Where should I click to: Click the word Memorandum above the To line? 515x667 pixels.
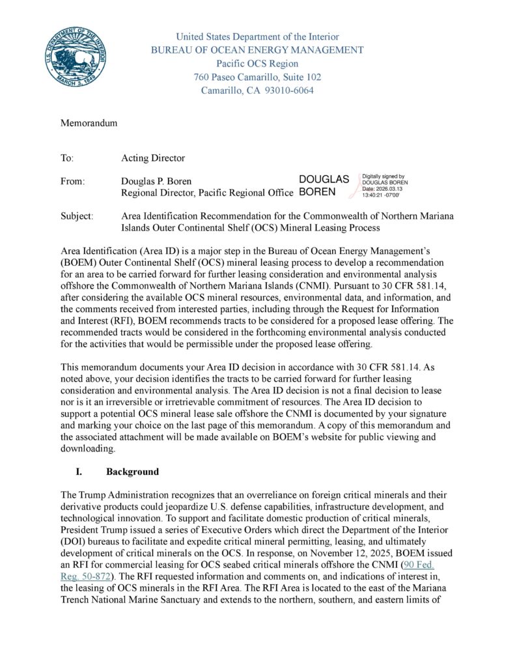click(89, 123)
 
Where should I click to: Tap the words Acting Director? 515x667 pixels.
click(153, 158)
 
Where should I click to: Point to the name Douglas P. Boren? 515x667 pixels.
click(157, 180)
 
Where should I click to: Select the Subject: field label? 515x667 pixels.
click(77, 216)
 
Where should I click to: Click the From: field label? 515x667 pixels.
click(72, 180)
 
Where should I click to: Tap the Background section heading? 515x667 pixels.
click(133, 472)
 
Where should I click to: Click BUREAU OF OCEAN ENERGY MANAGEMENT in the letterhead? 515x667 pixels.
click(257, 50)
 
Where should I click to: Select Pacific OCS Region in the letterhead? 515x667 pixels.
click(257, 64)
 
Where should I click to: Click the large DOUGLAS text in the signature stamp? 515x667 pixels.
click(324, 179)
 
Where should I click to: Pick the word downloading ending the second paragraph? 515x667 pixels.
click(88, 449)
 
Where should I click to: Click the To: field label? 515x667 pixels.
click(67, 158)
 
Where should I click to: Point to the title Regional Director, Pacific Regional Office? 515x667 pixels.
click(208, 192)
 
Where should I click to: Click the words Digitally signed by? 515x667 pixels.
click(383, 176)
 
